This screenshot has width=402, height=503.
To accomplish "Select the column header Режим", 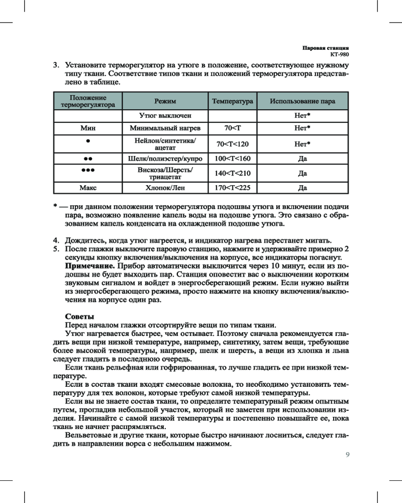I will coord(165,102).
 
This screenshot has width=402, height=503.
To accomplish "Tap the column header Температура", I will coord(232,102).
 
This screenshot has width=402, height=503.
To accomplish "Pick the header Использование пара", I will coord(302,102).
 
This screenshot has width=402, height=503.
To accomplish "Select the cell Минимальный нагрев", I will coord(165,128).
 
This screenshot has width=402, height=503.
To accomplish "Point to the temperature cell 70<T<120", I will coord(232,144).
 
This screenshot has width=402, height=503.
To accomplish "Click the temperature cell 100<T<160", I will coord(232,159).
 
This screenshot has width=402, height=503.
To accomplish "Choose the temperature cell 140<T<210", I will coord(232,174).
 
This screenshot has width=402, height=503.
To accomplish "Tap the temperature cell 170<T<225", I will coord(232,189).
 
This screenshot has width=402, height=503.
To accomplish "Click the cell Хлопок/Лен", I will coord(165,189).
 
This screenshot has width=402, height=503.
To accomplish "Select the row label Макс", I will coord(88,189).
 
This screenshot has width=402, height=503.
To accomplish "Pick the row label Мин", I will coord(88,128).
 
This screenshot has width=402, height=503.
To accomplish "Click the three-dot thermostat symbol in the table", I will coord(88,171).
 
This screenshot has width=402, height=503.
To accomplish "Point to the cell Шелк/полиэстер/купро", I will coord(165,159).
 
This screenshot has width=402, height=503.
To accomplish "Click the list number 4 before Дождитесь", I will coord(57,238).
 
